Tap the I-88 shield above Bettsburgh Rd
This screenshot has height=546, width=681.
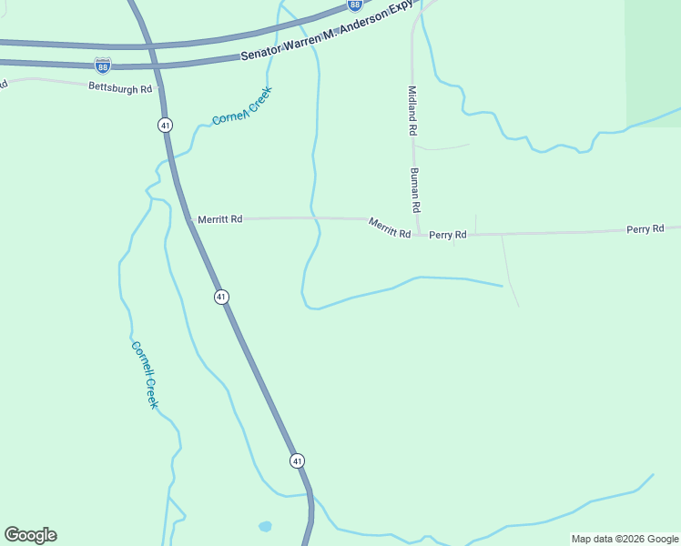(103, 66)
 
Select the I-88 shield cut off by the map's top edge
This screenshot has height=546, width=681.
(355, 5)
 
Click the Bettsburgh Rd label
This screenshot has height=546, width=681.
(119, 88)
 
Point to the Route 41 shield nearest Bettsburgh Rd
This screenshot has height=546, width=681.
(165, 124)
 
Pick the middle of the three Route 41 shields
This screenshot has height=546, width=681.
(221, 297)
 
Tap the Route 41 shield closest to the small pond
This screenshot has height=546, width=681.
(298, 461)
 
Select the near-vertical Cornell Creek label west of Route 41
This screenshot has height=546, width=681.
(145, 374)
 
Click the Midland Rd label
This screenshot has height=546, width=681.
(412, 111)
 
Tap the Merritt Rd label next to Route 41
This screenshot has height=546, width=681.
(219, 219)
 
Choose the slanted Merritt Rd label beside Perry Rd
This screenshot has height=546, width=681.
(390, 228)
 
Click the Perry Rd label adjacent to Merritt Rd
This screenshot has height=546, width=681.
(448, 235)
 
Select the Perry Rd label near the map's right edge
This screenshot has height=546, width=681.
(645, 229)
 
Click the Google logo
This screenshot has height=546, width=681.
(30, 535)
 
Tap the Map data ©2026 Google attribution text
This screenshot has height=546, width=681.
(625, 539)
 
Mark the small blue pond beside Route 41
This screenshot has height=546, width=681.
(265, 526)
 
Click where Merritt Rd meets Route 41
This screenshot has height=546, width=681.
(190, 219)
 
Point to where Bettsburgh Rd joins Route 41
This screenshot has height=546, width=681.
(159, 89)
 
